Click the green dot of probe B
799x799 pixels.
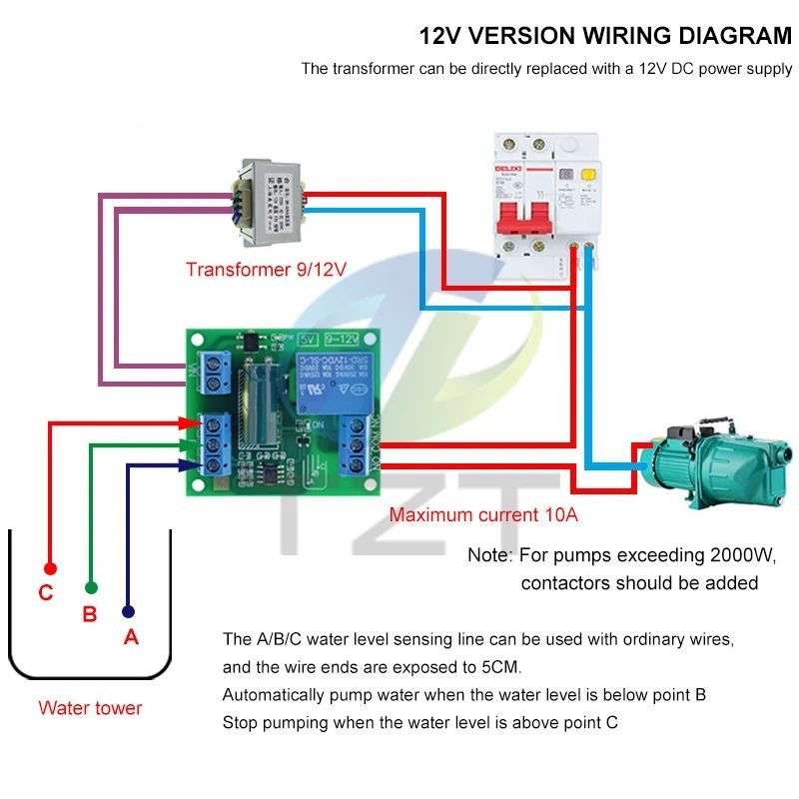click(x=91, y=588)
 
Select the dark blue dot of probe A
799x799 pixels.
click(x=128, y=611)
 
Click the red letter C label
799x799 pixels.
click(x=45, y=593)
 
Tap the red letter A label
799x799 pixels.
click(x=130, y=637)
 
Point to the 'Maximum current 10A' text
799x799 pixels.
click(x=483, y=515)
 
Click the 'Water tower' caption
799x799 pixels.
click(x=90, y=708)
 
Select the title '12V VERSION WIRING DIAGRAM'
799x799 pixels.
click(x=604, y=37)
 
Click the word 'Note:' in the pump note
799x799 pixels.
click(x=489, y=555)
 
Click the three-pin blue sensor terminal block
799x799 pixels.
click(x=216, y=442)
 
